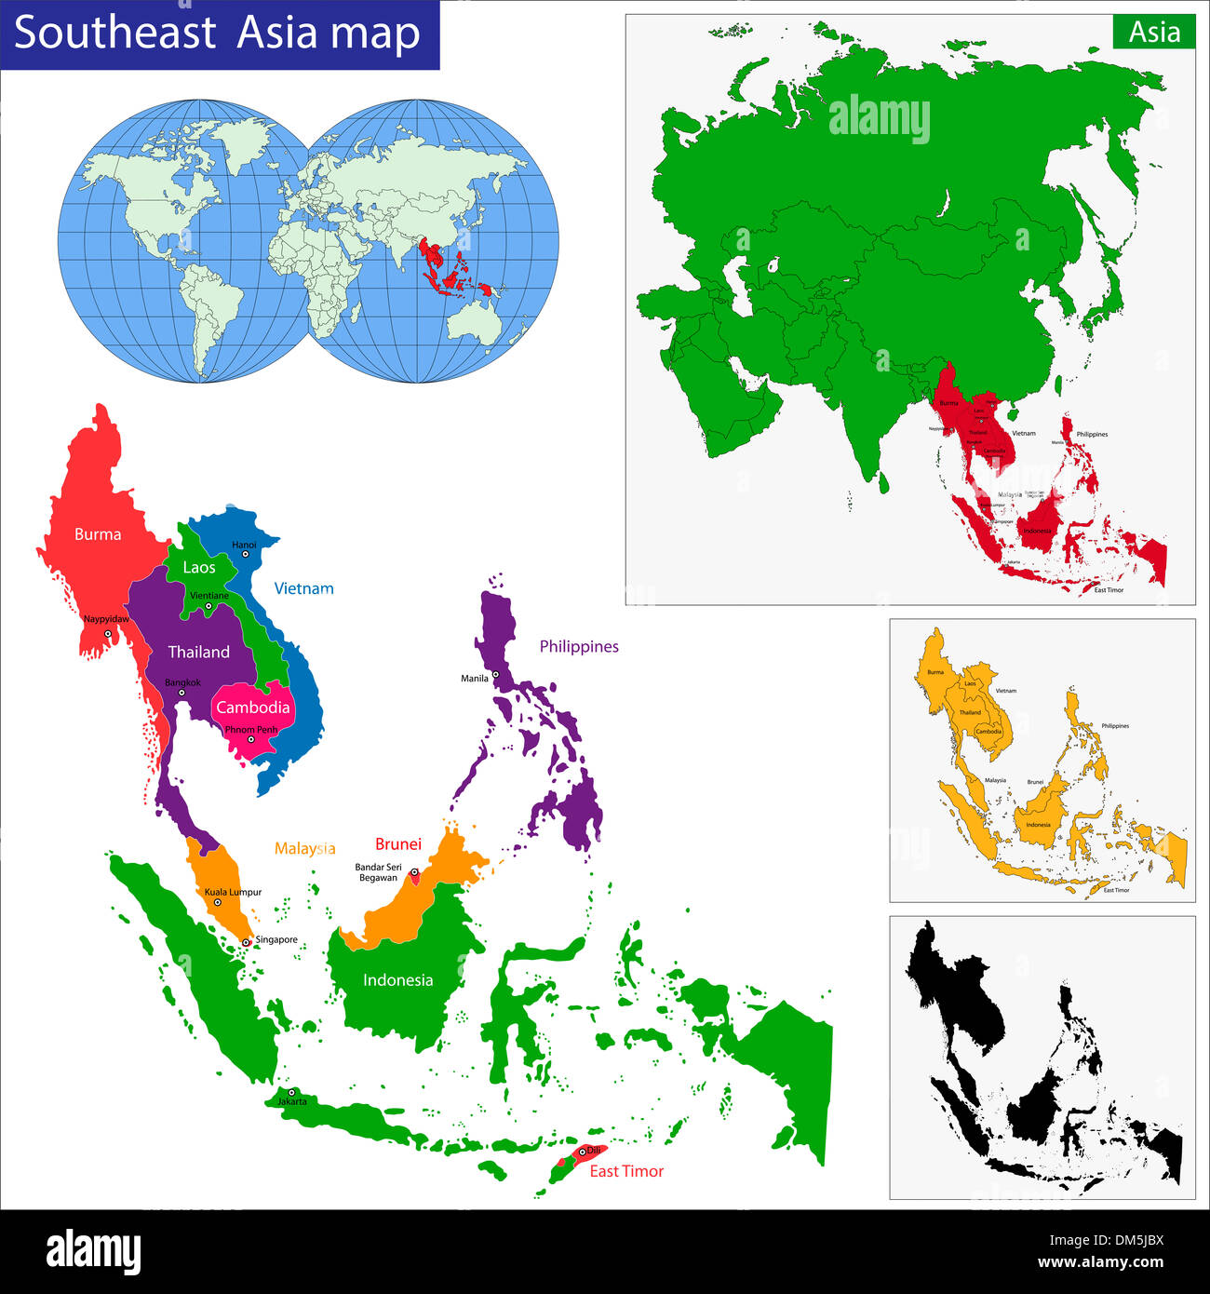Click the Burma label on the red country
point(98,534)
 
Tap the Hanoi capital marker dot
point(246,554)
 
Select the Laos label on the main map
point(199,567)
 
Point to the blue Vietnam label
point(303,588)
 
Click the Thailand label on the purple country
point(198,652)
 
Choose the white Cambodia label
point(252,708)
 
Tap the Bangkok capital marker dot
point(181,693)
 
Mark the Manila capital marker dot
point(496,674)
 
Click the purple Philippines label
point(579,646)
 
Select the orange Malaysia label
point(304,848)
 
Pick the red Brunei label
point(398,844)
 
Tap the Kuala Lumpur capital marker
point(218,902)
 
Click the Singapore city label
point(276,939)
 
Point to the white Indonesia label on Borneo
point(397,979)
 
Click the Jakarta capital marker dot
point(292,1092)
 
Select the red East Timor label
point(626,1171)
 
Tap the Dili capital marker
point(583,1152)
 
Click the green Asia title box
point(1154,32)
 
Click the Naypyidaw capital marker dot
point(108,633)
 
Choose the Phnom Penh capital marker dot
point(250,740)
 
